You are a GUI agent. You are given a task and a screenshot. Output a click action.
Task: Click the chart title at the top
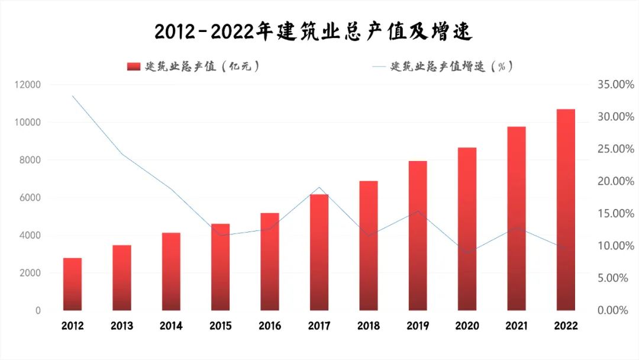click(x=313, y=32)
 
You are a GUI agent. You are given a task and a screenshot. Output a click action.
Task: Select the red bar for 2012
click(x=72, y=284)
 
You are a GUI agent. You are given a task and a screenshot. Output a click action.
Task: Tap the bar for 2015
click(x=220, y=267)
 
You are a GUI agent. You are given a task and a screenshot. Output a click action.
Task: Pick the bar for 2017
click(x=319, y=252)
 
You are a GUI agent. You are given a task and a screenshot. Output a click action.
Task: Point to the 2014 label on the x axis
click(x=171, y=326)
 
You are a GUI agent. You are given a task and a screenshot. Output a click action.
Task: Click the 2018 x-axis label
click(x=368, y=326)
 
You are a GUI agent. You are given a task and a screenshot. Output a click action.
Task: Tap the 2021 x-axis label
click(x=516, y=326)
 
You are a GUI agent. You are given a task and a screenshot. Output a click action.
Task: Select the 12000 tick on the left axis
click(x=28, y=85)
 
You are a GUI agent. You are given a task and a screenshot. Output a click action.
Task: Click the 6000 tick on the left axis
click(x=30, y=198)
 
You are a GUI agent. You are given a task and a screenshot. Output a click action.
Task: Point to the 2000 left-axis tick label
click(x=30, y=273)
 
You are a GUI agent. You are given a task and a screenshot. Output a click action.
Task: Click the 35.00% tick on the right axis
click(x=615, y=85)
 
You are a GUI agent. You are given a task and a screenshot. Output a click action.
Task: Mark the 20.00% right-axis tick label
click(x=615, y=181)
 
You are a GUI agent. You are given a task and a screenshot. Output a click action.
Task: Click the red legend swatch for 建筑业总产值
click(x=134, y=67)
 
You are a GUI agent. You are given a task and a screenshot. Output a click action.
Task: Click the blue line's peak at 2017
click(x=319, y=187)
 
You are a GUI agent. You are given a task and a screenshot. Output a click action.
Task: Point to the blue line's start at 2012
click(x=72, y=96)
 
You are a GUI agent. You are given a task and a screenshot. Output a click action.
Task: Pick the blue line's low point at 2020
click(x=467, y=253)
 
